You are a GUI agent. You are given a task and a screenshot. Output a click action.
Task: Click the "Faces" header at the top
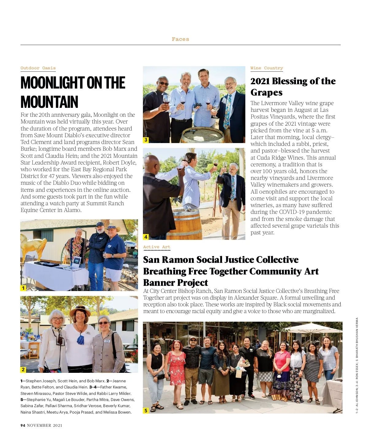click(x=180, y=39)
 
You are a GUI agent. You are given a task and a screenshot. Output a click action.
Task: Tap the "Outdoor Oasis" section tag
click(x=38, y=68)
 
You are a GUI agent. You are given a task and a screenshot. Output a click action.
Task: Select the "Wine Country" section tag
click(x=266, y=68)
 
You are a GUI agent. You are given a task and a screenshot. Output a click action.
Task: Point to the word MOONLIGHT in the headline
click(x=52, y=83)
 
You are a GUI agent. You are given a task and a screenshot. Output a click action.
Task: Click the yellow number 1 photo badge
click(x=23, y=288)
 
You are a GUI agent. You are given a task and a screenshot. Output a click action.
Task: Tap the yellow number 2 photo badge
click(x=23, y=370)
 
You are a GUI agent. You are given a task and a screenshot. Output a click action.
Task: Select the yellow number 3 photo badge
click(x=146, y=140)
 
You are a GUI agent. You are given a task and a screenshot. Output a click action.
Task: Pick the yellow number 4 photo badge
click(x=146, y=237)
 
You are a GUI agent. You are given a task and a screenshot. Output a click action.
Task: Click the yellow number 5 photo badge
click(x=146, y=411)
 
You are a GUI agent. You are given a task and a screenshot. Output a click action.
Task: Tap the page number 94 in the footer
click(x=23, y=425)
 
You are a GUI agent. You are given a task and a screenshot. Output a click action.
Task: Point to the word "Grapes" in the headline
click(x=266, y=93)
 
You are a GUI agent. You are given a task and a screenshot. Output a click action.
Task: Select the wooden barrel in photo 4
click(x=188, y=224)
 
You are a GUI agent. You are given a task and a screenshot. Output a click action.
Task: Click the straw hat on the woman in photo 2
click(x=80, y=311)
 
